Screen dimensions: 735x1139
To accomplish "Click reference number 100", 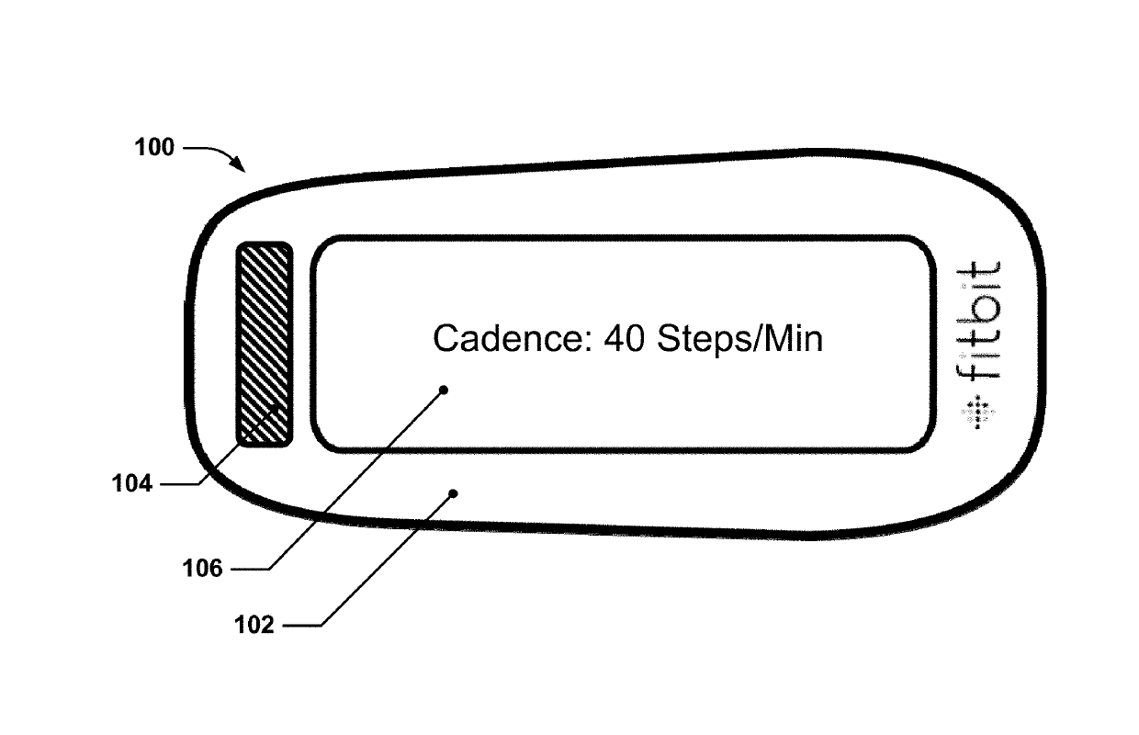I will [154, 147].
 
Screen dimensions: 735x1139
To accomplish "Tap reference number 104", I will [133, 482].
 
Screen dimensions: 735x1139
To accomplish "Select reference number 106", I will [203, 570].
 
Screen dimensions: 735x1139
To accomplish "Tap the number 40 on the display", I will [624, 339].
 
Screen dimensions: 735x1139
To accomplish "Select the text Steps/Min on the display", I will [739, 340].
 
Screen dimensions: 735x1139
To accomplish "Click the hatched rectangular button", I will [265, 345].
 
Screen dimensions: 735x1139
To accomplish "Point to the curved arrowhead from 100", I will [241, 166].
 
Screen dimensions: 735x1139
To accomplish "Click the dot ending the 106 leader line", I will [444, 390].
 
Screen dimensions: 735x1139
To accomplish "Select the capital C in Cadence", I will [446, 339].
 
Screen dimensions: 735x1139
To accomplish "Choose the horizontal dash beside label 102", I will [299, 626].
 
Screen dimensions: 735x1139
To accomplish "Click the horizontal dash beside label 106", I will [248, 570].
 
